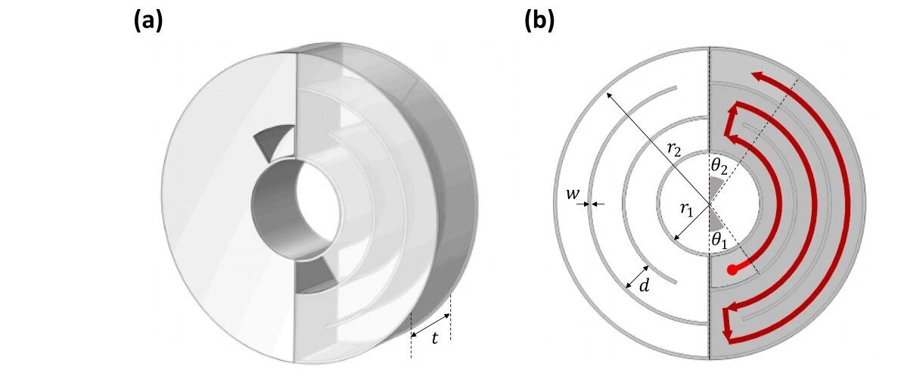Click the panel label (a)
pos(148,20)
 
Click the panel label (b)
pos(539,20)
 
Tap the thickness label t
pos(435,338)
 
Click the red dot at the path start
pos(732,269)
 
